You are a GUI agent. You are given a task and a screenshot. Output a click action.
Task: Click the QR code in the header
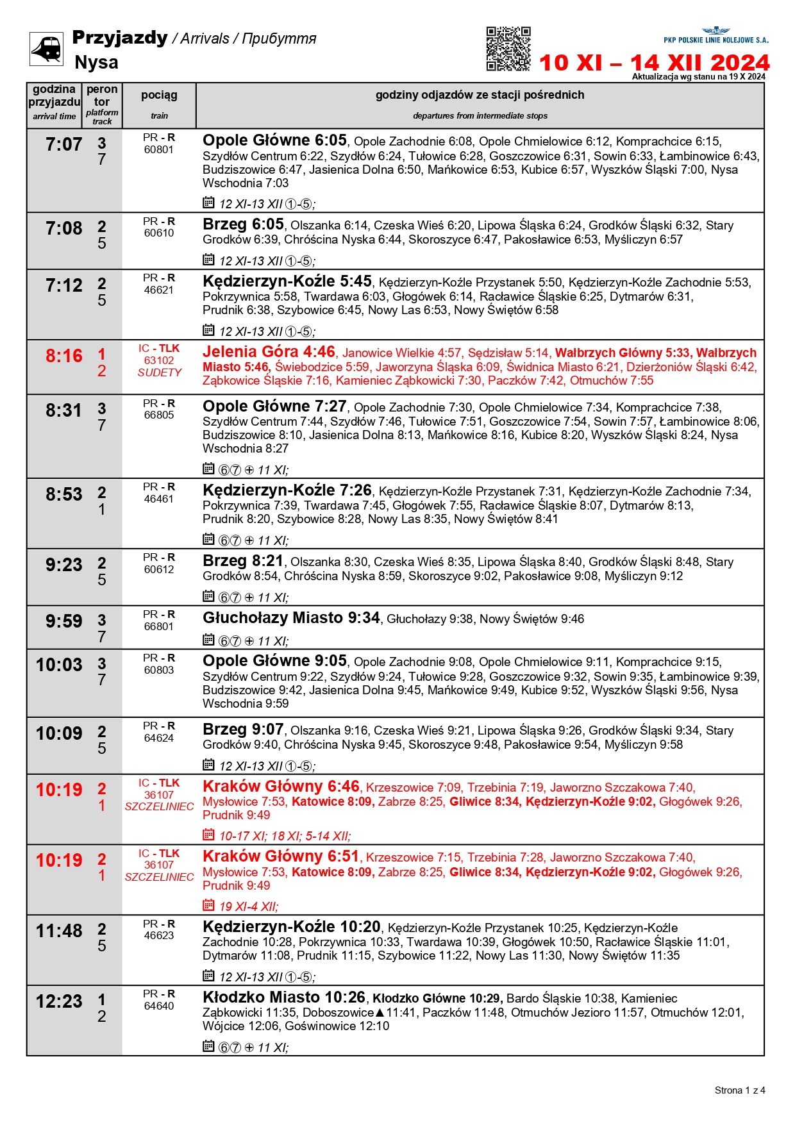tap(508, 49)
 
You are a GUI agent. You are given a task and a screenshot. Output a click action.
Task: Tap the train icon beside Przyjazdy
tap(46, 49)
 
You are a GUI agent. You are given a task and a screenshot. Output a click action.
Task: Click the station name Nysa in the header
tap(96, 63)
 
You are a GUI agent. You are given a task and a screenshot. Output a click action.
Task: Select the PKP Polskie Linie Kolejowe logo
tap(715, 36)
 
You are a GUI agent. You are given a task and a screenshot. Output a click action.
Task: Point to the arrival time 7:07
tap(63, 145)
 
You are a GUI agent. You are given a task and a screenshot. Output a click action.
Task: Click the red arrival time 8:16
tap(63, 356)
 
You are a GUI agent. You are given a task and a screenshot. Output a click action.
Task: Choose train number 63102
tap(159, 360)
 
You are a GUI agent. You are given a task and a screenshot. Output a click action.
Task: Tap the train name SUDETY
tap(159, 372)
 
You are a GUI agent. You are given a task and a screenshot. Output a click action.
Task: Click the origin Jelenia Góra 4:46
tap(269, 352)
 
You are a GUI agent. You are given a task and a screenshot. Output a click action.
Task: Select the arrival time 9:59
tap(63, 622)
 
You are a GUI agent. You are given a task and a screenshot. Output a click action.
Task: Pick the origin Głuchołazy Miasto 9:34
tap(291, 618)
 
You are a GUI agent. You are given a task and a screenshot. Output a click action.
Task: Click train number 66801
tap(159, 626)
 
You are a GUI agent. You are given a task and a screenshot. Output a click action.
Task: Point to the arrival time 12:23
tap(59, 1002)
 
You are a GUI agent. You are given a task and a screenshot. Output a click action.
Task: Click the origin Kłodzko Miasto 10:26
tap(284, 997)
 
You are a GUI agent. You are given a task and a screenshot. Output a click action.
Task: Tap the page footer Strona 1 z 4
tap(739, 1090)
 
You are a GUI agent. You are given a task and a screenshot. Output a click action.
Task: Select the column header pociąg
tap(159, 96)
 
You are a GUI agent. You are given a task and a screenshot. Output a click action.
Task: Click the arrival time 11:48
tap(59, 931)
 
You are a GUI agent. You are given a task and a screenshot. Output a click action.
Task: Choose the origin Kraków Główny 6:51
tap(281, 856)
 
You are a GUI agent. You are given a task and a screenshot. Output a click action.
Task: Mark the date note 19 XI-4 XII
tap(248, 906)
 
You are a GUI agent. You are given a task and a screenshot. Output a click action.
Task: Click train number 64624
tap(159, 738)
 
